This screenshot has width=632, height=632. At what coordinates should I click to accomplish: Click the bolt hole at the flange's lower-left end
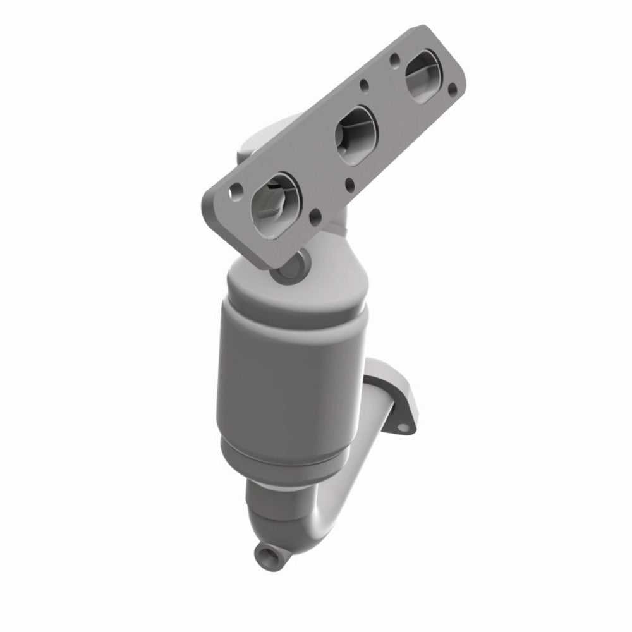[x=234, y=188]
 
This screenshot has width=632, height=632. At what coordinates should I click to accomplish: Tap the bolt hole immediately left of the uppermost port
[x=394, y=61]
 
